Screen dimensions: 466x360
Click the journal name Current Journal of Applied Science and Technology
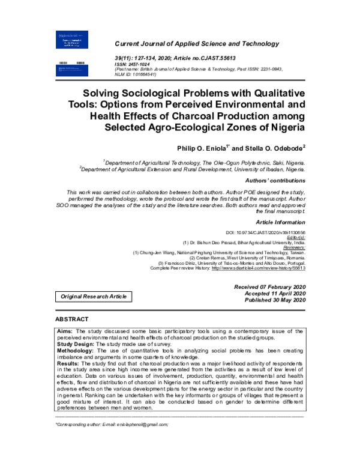[196, 44]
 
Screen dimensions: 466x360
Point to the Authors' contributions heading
[276, 180]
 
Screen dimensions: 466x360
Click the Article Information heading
[281, 222]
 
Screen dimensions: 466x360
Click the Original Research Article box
[93, 297]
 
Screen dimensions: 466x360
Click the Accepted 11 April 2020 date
[274, 294]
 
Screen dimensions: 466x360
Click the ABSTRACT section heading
[72, 319]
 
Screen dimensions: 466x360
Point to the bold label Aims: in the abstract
[66, 331]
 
